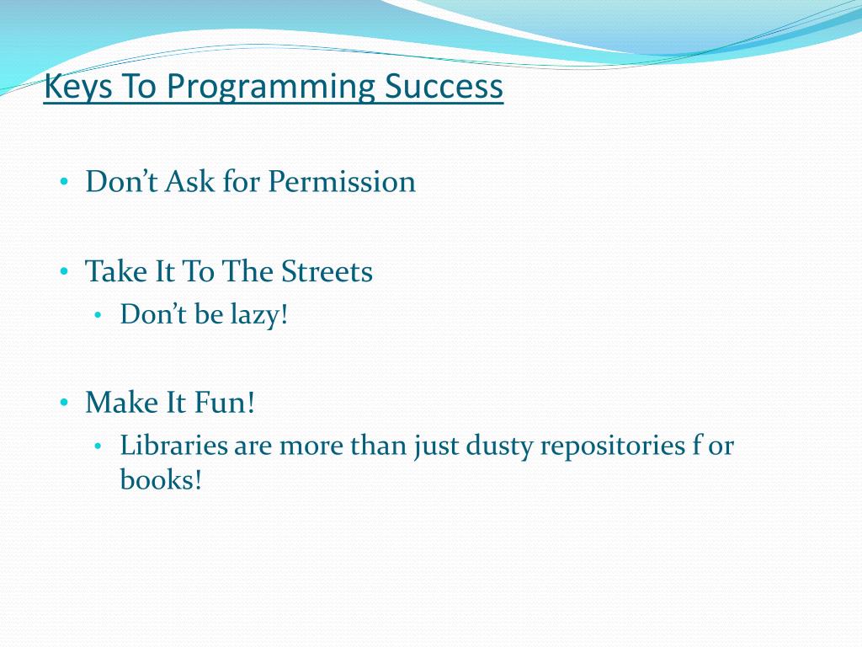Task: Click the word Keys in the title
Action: (x=77, y=87)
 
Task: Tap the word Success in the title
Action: (x=444, y=87)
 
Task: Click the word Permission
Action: (x=342, y=183)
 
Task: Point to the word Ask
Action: (x=189, y=181)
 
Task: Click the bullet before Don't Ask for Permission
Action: (x=64, y=181)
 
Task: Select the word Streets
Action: (x=327, y=272)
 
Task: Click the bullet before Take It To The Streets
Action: (x=64, y=271)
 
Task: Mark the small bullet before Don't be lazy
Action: (x=98, y=315)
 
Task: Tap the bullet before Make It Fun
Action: (x=64, y=402)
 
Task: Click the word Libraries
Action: (x=173, y=445)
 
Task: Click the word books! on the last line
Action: (x=161, y=479)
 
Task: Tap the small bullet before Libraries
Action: (x=98, y=446)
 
